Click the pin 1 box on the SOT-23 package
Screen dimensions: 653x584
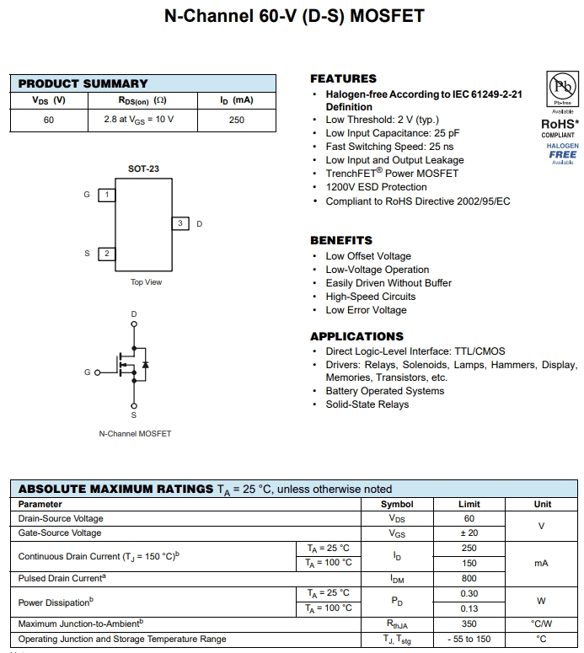point(107,195)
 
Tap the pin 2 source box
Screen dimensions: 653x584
point(107,253)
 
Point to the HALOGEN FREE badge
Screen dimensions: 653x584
point(562,153)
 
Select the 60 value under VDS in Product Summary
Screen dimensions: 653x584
point(49,120)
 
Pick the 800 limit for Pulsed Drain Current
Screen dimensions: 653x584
point(469,579)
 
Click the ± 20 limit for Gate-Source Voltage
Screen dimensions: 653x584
point(469,533)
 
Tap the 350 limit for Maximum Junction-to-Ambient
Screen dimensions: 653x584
point(469,624)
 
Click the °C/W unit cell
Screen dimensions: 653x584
point(541,624)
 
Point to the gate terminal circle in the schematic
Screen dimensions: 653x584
point(97,372)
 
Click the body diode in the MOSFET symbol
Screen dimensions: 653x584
point(145,365)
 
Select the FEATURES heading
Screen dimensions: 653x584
point(343,78)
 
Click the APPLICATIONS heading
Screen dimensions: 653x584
point(356,336)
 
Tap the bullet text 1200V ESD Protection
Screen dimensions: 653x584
point(376,187)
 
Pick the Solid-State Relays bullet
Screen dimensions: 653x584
point(367,404)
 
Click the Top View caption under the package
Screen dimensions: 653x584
point(146,282)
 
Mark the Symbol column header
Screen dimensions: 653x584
point(397,504)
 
